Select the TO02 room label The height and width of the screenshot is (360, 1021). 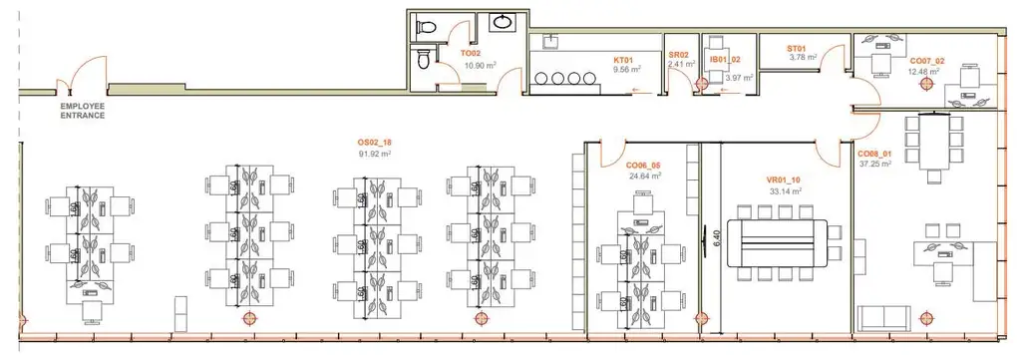pos(472,53)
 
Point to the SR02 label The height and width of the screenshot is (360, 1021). pos(679,55)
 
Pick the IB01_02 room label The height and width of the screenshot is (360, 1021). pos(725,61)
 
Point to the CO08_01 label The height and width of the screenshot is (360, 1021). pos(876,155)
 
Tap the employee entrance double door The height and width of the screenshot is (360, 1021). pos(79,75)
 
